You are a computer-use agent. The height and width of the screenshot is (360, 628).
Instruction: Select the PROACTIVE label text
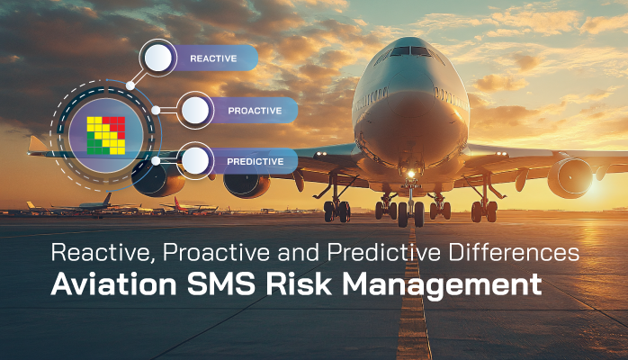tap(255, 111)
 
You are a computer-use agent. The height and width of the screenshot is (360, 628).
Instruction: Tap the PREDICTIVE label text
tap(256, 161)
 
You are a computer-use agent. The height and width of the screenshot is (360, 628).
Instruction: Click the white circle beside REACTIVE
tap(158, 58)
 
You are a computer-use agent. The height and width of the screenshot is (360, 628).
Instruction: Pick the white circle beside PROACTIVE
tap(195, 110)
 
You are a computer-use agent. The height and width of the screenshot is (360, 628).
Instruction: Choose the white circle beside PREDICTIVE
tap(195, 160)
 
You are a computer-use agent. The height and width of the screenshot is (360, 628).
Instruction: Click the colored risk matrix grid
tap(106, 135)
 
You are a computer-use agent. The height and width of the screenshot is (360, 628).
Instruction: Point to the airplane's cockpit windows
tap(409, 51)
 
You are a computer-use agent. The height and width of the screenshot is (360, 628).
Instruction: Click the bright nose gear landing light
tap(411, 174)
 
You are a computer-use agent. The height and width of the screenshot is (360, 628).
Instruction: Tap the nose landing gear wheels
tap(410, 213)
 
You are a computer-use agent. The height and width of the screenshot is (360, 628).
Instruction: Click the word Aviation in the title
tap(113, 284)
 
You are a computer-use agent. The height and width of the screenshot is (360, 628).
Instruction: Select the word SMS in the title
tap(221, 284)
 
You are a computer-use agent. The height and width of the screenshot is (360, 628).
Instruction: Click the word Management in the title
tap(442, 285)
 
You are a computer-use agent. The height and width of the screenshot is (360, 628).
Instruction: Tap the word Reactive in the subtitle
tap(103, 253)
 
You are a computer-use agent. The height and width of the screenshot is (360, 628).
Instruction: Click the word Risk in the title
tap(299, 284)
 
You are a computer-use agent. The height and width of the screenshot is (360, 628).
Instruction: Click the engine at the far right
tap(570, 178)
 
